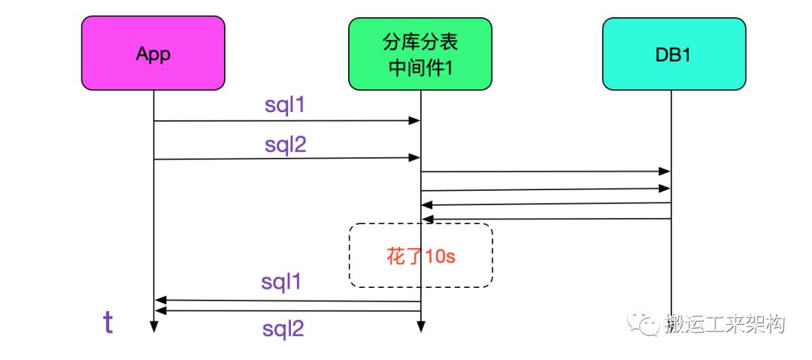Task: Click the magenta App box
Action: pos(153,53)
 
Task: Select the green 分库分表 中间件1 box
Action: pos(420,54)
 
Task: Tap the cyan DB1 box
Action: pos(674,54)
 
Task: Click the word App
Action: pos(153,54)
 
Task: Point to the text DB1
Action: pos(674,54)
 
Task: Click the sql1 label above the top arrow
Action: pos(285,105)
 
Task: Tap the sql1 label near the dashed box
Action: pos(281,283)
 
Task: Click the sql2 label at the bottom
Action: pos(283,329)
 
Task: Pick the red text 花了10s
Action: pos(421,256)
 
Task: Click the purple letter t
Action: pos(108,322)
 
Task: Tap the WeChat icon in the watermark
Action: pos(642,324)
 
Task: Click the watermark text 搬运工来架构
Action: pos(725,324)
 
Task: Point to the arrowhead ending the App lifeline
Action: pos(153,327)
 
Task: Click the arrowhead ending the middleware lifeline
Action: pos(420,327)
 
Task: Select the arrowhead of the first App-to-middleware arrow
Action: pos(414,121)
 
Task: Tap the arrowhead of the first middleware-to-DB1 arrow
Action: pos(665,171)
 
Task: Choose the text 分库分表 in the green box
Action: pos(420,43)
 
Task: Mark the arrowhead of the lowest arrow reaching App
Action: pos(161,310)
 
